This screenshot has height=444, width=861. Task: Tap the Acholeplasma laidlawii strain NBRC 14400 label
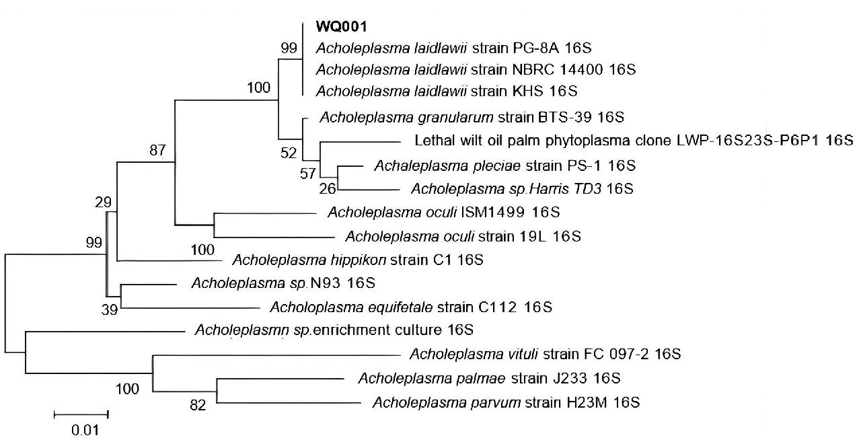[476, 69]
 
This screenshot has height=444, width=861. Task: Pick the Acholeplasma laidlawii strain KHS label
[447, 90]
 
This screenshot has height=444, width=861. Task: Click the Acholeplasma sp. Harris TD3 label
[522, 189]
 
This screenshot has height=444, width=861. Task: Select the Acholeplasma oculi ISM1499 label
[444, 213]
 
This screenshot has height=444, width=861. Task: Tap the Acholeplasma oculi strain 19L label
[463, 236]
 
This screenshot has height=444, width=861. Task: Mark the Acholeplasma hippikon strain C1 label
[357, 260]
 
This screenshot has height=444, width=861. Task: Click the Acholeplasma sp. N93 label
[283, 283]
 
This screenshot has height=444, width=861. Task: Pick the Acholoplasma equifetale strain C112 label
[411, 307]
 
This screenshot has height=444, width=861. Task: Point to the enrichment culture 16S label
[334, 330]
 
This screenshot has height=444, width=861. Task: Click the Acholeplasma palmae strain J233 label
[489, 378]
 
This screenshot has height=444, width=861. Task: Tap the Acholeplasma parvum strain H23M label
[505, 403]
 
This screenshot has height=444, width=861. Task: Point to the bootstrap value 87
[157, 151]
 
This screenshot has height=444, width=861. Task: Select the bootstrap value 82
[198, 405]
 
